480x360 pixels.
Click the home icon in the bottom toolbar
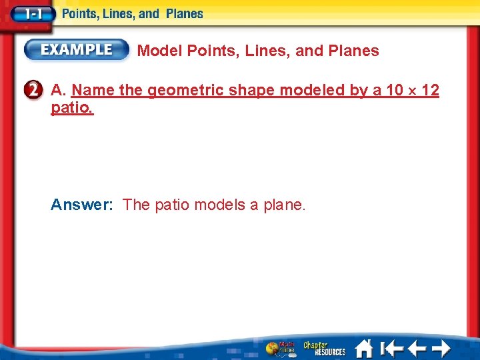click(x=363, y=348)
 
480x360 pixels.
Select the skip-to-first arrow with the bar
click(x=391, y=348)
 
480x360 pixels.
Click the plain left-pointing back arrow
click(x=417, y=348)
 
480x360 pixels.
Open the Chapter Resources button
click(x=325, y=348)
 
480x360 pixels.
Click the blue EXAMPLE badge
click(x=77, y=49)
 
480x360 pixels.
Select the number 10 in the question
click(x=395, y=90)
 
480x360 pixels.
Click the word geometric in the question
click(x=185, y=90)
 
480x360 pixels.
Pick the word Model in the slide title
click(x=160, y=51)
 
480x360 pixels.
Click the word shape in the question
click(x=249, y=90)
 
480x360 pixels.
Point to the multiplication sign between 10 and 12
click(x=411, y=91)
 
